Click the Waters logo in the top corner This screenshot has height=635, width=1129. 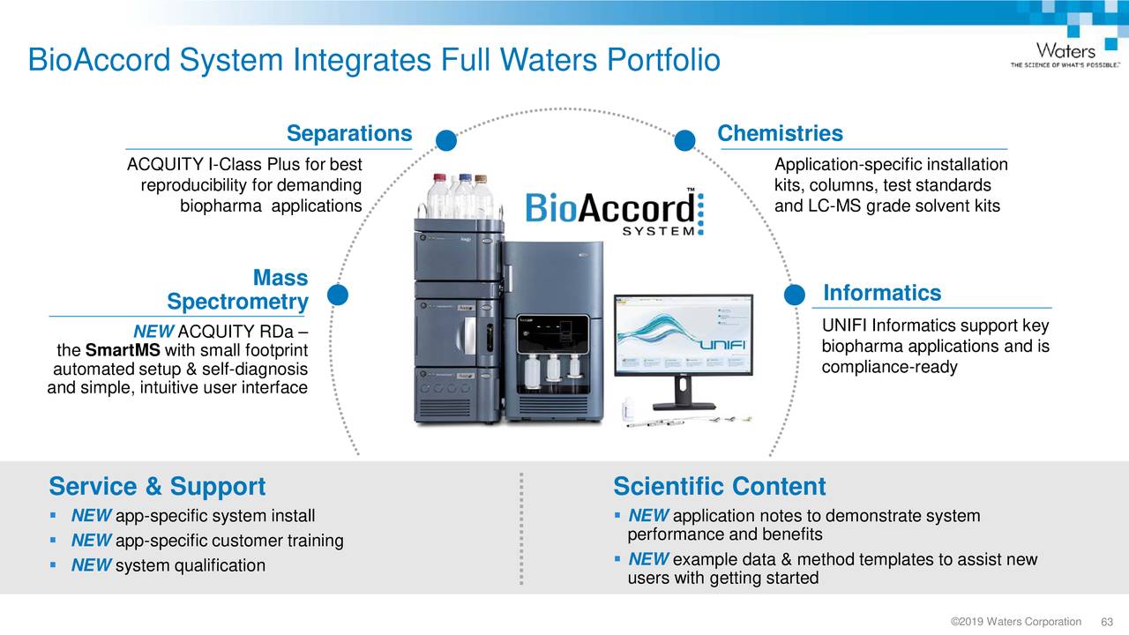click(1065, 54)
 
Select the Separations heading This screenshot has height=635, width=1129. click(349, 133)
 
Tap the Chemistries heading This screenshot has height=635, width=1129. click(780, 133)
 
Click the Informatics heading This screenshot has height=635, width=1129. click(881, 293)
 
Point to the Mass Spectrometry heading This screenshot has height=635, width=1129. click(237, 290)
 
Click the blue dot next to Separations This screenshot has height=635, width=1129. click(446, 141)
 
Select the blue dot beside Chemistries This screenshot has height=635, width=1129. click(685, 141)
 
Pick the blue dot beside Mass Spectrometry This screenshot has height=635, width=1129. click(338, 295)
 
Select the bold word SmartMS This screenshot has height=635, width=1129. click(123, 352)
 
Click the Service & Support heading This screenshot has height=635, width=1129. click(157, 487)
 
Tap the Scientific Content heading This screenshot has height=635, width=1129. click(719, 487)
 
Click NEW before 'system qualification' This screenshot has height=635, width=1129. click(91, 565)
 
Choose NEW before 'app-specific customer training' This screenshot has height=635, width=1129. click(91, 541)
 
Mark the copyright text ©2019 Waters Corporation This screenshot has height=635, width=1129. click(1015, 622)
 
